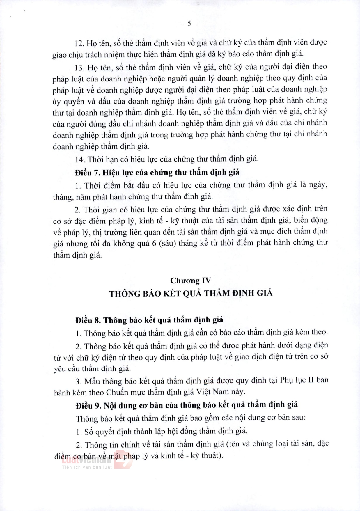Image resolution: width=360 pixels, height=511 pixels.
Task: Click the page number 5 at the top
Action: tap(189, 24)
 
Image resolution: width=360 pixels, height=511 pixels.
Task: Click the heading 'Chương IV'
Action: tap(190, 281)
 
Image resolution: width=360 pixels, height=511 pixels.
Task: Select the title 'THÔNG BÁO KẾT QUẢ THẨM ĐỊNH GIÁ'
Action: tap(191, 293)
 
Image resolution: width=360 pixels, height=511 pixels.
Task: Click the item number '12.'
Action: tap(79, 44)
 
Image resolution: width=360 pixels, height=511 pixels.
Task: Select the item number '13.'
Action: tap(79, 68)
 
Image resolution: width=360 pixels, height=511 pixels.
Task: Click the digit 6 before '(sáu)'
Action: tap(154, 243)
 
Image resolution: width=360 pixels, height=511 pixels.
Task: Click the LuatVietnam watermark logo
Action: tap(87, 459)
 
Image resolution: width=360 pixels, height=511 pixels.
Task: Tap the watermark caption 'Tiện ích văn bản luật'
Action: tap(87, 467)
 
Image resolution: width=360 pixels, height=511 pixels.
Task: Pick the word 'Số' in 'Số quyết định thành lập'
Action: tap(89, 432)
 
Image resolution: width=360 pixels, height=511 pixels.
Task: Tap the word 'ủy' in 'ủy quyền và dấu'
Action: tap(56, 102)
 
